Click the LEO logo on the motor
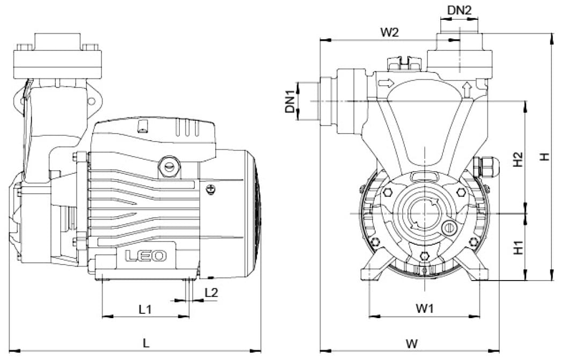[x=146, y=256]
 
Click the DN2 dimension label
[x=459, y=10]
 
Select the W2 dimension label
[x=389, y=32]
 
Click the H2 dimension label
[x=518, y=159]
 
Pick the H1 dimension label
[x=518, y=247]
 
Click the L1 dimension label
[x=145, y=309]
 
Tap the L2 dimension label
[x=211, y=292]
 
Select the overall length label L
[x=146, y=343]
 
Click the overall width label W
[x=412, y=343]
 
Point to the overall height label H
[x=544, y=157]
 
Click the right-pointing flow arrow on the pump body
[x=385, y=83]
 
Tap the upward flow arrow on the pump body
[x=467, y=90]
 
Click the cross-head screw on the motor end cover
[x=211, y=189]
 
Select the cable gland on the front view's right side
[x=486, y=167]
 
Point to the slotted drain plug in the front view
[x=449, y=227]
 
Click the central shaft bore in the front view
[x=424, y=213]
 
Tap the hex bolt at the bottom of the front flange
[x=424, y=256]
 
